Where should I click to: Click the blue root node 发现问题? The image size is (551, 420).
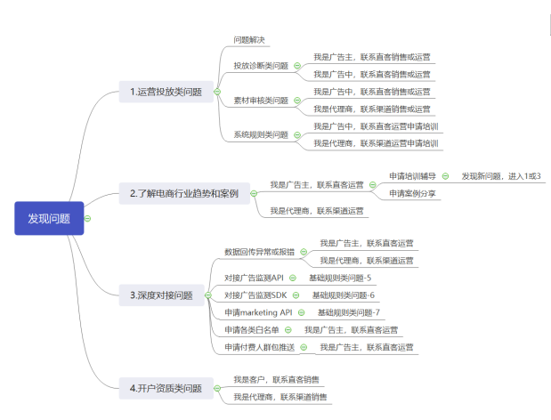point(49,218)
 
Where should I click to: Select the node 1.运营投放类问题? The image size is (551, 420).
point(166,92)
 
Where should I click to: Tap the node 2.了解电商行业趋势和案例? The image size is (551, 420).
point(184,193)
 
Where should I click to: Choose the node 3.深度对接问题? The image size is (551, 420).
point(161,295)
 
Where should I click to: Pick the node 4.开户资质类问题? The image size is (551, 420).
point(166,388)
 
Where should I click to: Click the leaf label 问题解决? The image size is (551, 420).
point(249,40)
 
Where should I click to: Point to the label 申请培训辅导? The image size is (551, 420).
point(413,176)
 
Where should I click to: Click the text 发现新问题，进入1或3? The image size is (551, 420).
point(501,176)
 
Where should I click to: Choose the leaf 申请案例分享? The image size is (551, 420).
point(413,193)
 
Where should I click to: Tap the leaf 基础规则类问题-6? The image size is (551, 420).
point(343,295)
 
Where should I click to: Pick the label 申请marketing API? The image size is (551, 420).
point(258,312)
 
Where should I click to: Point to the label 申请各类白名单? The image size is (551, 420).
point(251,329)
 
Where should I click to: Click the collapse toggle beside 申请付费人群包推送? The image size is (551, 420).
point(304,347)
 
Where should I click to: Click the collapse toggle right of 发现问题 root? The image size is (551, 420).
point(89,218)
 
